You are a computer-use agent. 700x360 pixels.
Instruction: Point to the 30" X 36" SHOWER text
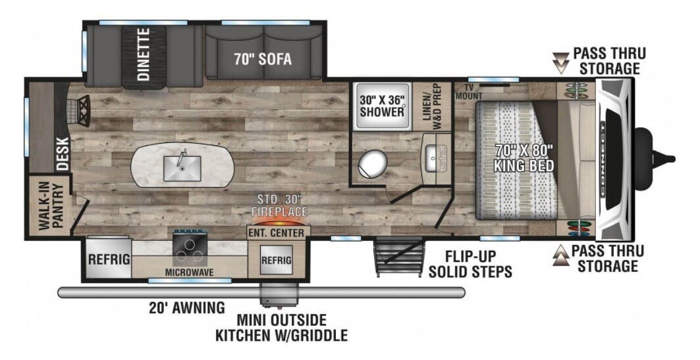381,106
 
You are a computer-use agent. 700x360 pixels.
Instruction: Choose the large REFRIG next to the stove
109,259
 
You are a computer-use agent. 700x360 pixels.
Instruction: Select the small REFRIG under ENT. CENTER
275,260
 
